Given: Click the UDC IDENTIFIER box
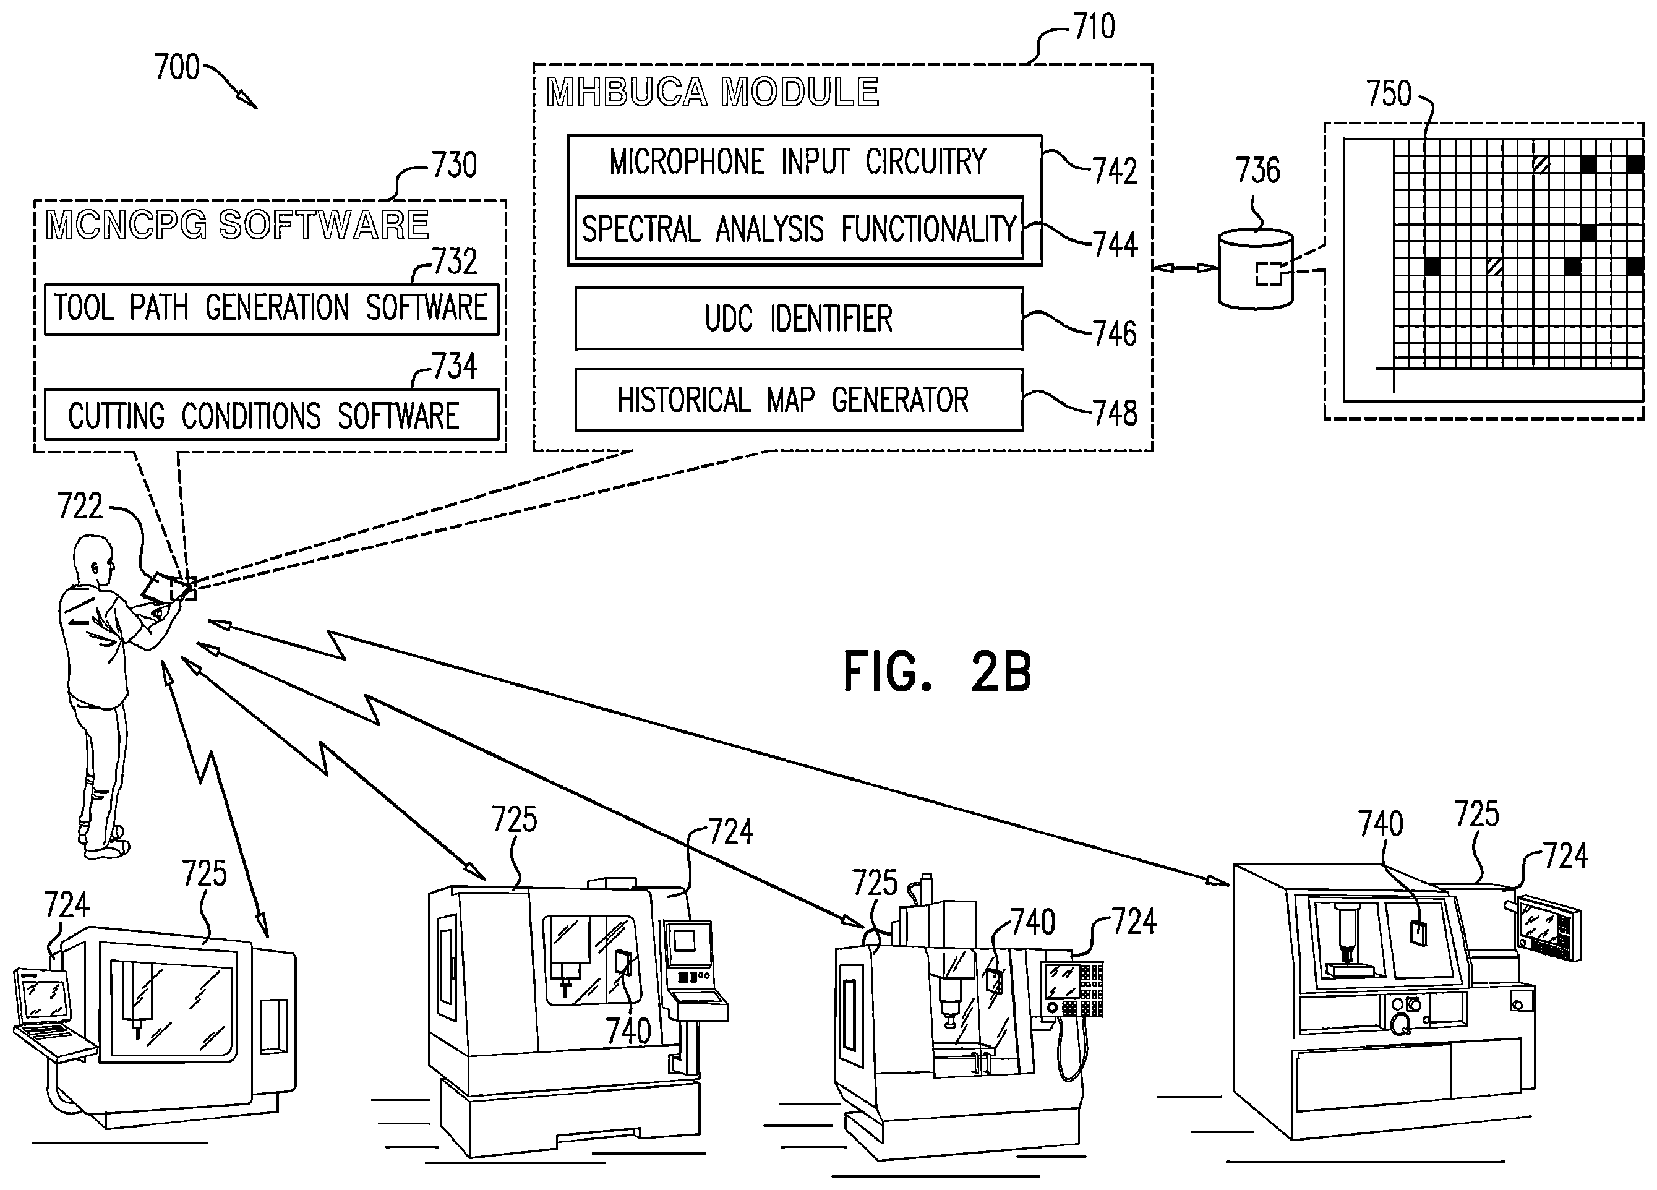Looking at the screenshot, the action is click(799, 319).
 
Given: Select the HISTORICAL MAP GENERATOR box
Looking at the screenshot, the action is click(799, 400).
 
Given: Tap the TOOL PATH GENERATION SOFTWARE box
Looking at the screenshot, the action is click(271, 309).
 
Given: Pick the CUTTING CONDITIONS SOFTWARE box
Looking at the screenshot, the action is click(271, 415).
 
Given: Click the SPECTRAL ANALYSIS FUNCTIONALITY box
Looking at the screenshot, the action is click(799, 228).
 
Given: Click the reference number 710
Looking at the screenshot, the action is click(1094, 27).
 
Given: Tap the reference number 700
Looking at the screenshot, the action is click(177, 67).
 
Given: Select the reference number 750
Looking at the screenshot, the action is click(1389, 93).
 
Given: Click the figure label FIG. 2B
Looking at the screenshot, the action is click(938, 672).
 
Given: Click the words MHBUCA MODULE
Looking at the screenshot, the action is click(713, 93).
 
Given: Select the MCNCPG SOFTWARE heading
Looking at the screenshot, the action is click(238, 225).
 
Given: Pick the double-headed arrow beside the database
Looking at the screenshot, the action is click(1185, 268).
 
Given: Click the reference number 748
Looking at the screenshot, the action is click(1116, 413).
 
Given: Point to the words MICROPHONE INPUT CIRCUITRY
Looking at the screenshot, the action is click(798, 162).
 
